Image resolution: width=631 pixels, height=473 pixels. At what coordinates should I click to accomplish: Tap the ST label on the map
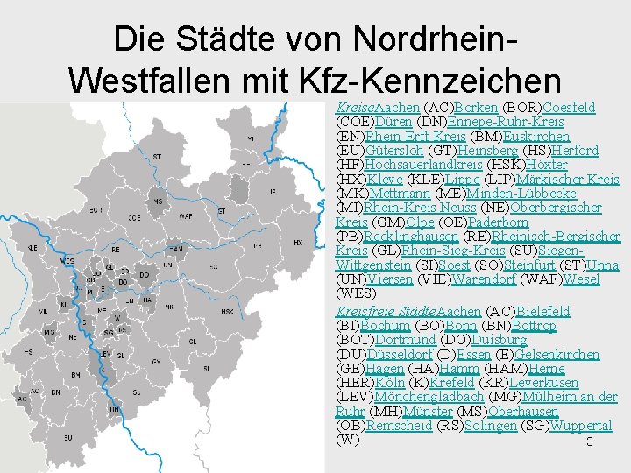coord(158,157)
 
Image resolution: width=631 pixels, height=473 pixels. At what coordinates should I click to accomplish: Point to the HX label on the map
coord(297,243)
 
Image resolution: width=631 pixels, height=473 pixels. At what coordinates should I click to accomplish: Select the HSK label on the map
coord(227,311)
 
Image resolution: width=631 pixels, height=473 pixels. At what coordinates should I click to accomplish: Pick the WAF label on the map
coord(185,217)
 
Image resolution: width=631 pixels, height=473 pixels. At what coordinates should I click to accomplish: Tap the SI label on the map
coord(206,370)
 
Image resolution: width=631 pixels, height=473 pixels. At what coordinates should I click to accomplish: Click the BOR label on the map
coord(96,210)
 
